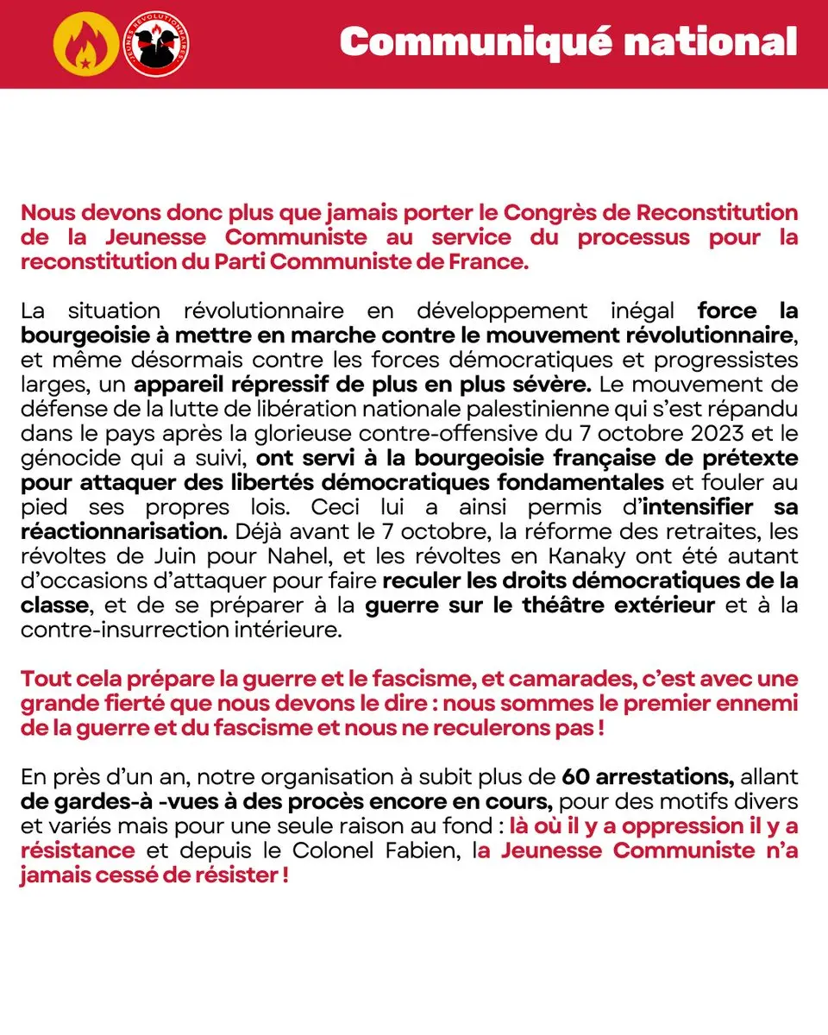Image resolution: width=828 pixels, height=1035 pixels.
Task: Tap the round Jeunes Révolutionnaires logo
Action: (x=158, y=43)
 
